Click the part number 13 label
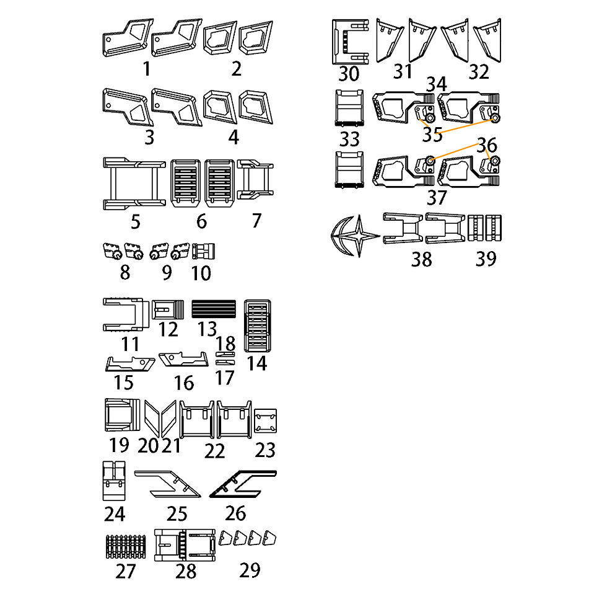pyautogui.click(x=207, y=329)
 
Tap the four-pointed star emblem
pyautogui.click(x=360, y=236)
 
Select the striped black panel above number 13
pyautogui.click(x=214, y=309)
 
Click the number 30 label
pyautogui.click(x=349, y=74)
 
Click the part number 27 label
pyautogui.click(x=125, y=571)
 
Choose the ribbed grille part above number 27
pyautogui.click(x=126, y=547)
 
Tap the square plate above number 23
pyautogui.click(x=265, y=421)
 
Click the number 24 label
pyautogui.click(x=115, y=514)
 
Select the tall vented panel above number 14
pyautogui.click(x=258, y=326)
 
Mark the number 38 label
pyautogui.click(x=421, y=259)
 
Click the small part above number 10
pyautogui.click(x=204, y=251)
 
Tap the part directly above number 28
pyautogui.click(x=185, y=545)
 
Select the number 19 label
pyautogui.click(x=119, y=445)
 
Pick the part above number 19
pyautogui.click(x=123, y=415)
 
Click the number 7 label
pyautogui.click(x=256, y=221)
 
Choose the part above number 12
pyautogui.click(x=168, y=309)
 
